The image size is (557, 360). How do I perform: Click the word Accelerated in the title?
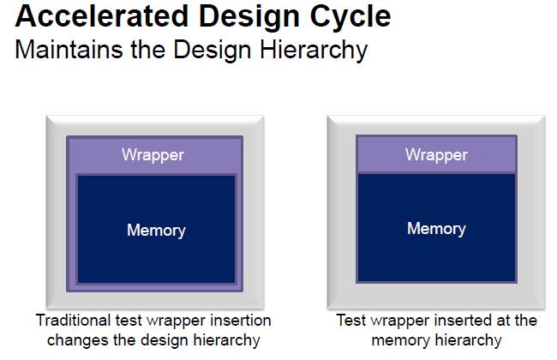(102, 16)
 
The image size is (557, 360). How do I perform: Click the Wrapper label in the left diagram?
(153, 155)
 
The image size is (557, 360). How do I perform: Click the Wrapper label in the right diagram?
(436, 155)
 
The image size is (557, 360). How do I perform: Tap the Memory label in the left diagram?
(156, 231)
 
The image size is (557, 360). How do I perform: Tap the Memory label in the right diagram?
(436, 229)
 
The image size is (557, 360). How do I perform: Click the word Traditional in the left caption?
(74, 321)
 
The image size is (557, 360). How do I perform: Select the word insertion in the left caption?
(241, 321)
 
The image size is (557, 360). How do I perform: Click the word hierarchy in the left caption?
(226, 341)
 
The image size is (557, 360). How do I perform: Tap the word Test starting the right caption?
(351, 321)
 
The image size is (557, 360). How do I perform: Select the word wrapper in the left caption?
(177, 321)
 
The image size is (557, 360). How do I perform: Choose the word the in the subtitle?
(148, 49)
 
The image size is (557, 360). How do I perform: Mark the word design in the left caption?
(165, 341)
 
